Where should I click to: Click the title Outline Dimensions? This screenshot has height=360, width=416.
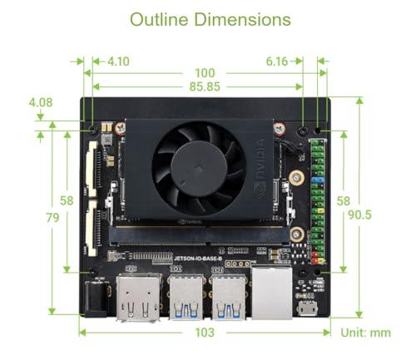(x=210, y=19)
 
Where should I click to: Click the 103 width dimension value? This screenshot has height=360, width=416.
(x=205, y=333)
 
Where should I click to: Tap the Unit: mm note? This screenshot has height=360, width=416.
(x=365, y=333)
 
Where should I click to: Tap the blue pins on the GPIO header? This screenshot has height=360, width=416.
(x=317, y=179)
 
